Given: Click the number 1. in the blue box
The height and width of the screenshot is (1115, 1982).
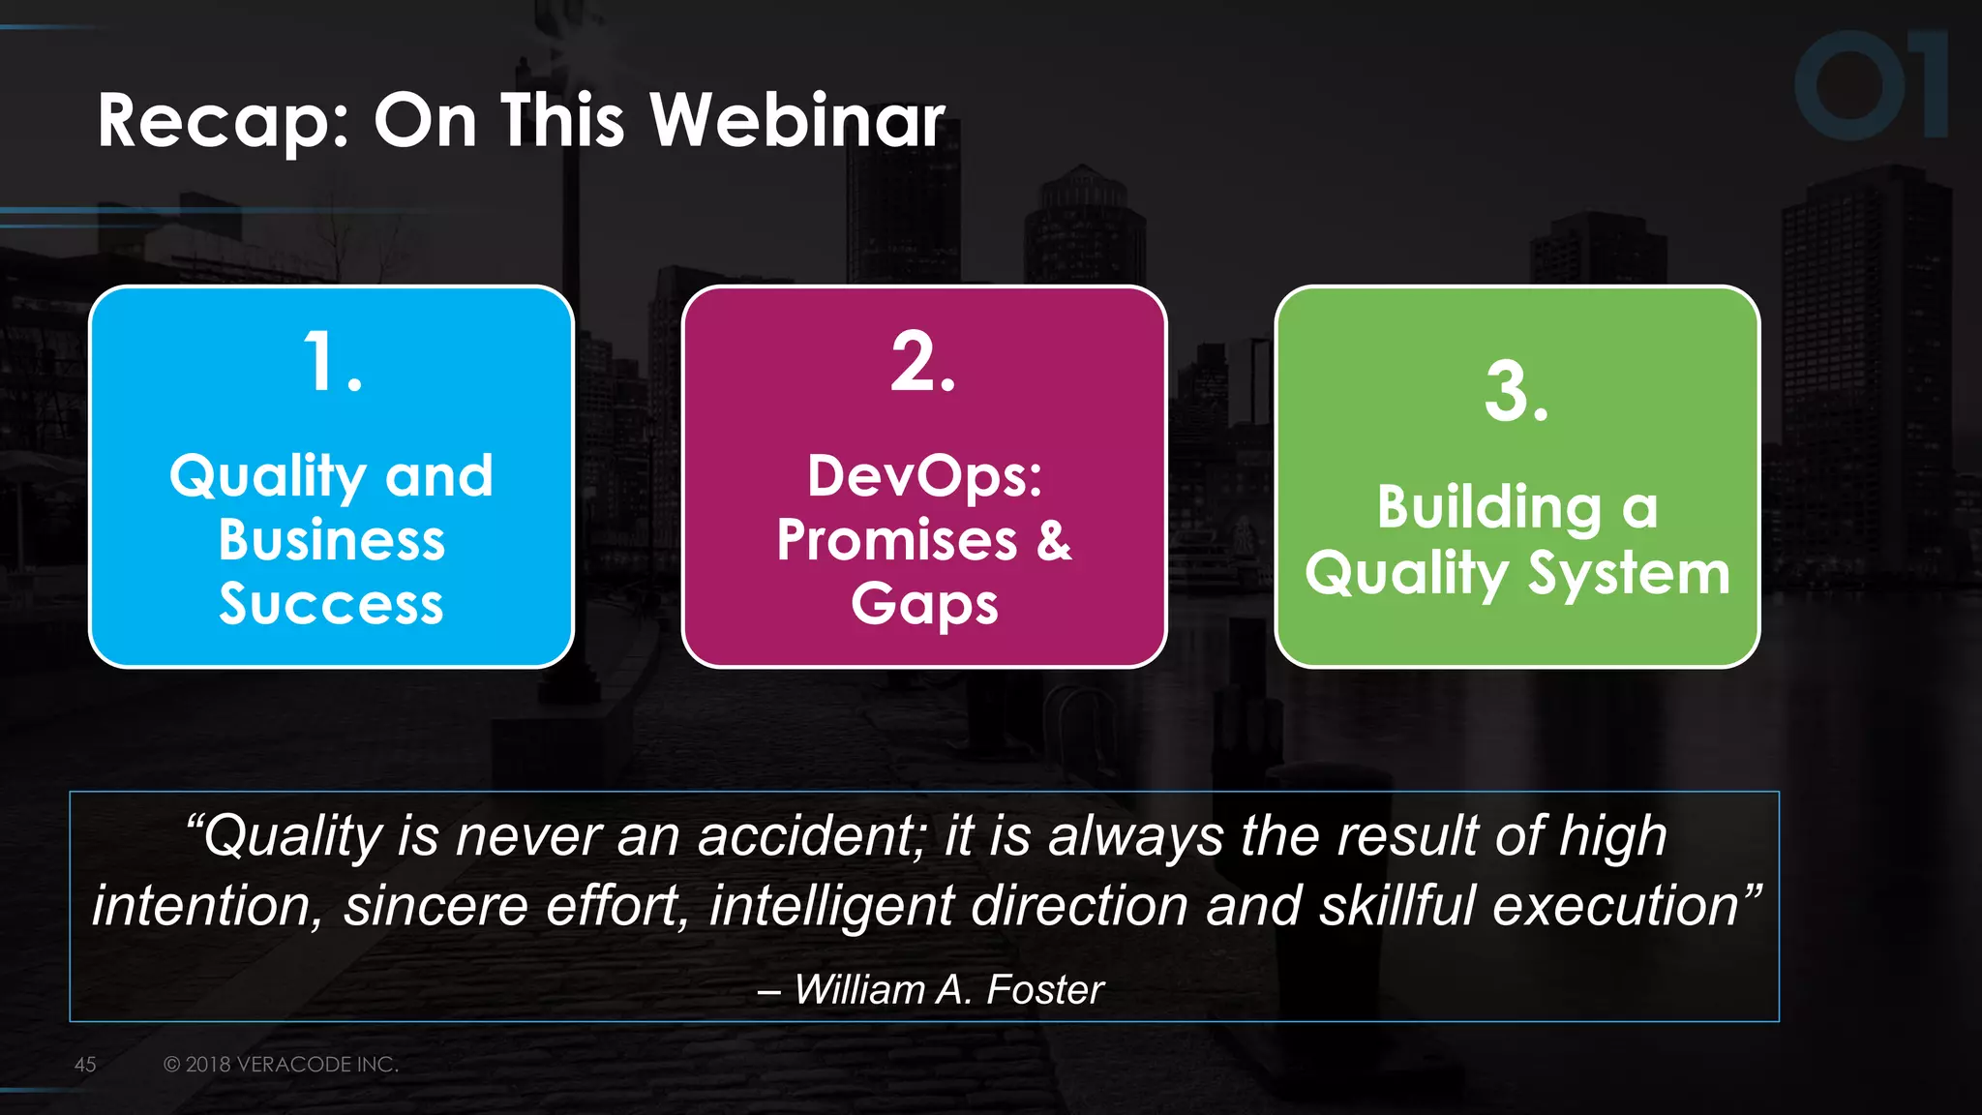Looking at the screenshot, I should [332, 363].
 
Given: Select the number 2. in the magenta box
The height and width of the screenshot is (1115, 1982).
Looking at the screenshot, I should [923, 363].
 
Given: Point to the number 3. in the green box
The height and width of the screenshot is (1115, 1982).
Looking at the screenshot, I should [1517, 393].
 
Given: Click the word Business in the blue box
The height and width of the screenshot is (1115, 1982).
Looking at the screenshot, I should [332, 540].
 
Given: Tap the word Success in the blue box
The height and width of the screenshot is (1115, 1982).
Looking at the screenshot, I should [332, 604].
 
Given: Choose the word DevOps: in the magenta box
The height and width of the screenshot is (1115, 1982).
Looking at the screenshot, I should [924, 476].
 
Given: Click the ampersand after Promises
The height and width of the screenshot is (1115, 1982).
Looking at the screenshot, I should [1054, 540].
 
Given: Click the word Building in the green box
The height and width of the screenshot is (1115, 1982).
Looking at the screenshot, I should [1489, 507].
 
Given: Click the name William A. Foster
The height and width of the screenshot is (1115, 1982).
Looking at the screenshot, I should [948, 989].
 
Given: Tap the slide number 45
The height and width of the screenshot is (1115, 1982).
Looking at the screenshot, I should [85, 1065].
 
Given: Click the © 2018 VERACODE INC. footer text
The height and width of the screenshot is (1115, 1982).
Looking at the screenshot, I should [281, 1065].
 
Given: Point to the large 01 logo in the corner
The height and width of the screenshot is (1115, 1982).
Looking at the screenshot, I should [1870, 85].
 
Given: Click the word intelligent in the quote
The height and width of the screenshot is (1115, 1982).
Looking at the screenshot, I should [832, 906].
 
